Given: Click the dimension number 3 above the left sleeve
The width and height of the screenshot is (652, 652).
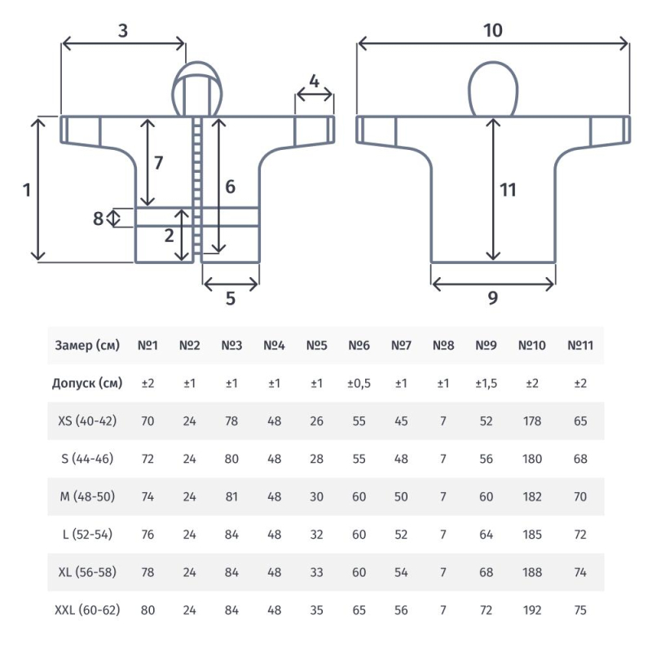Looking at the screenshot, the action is click(x=123, y=31).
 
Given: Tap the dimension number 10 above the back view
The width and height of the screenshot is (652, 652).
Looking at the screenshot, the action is click(x=493, y=30).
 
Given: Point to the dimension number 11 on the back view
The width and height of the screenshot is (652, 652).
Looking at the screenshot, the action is click(x=508, y=190).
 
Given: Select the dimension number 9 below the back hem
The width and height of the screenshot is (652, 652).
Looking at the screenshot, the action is click(x=493, y=297).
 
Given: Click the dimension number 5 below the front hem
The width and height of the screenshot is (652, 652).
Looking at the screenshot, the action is click(x=231, y=298).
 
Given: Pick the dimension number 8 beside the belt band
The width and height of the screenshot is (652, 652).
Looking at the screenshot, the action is click(x=98, y=218).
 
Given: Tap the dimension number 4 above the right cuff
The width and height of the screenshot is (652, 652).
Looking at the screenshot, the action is click(x=315, y=81).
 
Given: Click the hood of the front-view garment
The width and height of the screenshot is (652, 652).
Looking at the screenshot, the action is click(x=197, y=89).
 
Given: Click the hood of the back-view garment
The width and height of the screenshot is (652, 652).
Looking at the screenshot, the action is click(x=493, y=89).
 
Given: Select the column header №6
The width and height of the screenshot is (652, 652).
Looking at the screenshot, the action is click(x=359, y=345).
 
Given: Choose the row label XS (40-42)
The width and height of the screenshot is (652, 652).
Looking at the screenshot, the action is click(x=87, y=421).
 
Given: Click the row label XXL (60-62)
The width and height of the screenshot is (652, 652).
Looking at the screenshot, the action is click(x=87, y=610).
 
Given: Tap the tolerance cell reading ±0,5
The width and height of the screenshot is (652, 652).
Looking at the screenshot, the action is click(x=359, y=383).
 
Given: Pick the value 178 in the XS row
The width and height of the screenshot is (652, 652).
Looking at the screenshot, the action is click(x=532, y=421).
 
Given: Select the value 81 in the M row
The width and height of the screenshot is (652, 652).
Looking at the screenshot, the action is click(x=231, y=496).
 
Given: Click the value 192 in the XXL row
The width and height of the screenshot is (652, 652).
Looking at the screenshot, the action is click(x=532, y=610).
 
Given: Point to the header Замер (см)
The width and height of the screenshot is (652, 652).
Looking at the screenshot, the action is click(x=87, y=345).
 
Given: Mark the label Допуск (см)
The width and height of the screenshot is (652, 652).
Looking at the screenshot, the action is click(x=87, y=383).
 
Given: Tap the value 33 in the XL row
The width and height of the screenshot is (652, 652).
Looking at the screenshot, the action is click(x=316, y=572).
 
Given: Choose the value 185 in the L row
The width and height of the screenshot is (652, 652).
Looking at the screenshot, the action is click(x=532, y=534).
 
